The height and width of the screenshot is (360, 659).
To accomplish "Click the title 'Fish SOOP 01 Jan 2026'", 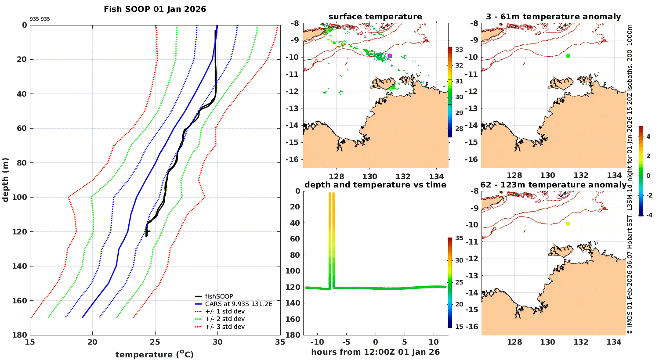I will coord(155,9).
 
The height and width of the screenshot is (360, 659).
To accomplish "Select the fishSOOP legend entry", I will coord(219,296).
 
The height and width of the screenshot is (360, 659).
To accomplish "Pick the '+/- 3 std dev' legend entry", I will coord(224,327).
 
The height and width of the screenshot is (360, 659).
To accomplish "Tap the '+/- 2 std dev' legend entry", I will coord(224,319).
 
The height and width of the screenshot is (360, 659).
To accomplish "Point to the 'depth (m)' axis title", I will coord(6,180).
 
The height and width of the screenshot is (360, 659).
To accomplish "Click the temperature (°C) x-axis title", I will coord(154,354).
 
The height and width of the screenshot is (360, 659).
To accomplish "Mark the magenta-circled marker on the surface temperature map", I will coord(390,56).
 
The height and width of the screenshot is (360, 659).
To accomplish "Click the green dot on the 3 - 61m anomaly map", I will coord(568,56).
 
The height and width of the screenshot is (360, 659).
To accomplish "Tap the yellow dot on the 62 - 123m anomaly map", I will coord(568,223).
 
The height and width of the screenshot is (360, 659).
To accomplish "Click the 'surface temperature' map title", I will coord(375,17).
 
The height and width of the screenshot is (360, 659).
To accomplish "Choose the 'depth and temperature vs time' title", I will coord(375,185).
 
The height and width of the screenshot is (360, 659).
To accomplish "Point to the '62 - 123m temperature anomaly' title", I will coord(553,185).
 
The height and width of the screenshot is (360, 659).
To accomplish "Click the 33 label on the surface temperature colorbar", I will coord(459,50).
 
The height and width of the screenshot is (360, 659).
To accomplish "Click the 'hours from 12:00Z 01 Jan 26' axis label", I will coord(375,352).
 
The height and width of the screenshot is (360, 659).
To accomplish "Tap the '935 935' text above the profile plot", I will coord(40,19).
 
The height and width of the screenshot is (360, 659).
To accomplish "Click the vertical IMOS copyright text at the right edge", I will coord(630,180).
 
